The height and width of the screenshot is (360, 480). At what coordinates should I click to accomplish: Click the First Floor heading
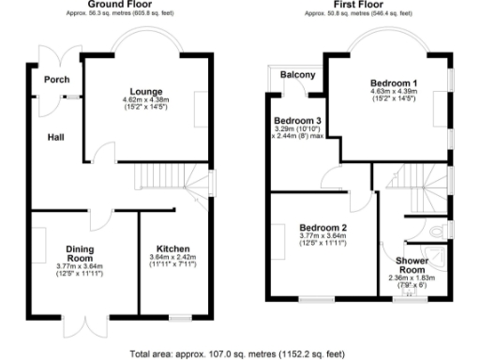tap(359, 5)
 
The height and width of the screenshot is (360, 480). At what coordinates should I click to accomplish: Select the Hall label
tap(56, 139)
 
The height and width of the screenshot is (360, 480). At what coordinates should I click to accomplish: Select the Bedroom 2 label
tap(323, 228)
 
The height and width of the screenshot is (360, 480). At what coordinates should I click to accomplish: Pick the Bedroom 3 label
tap(297, 120)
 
